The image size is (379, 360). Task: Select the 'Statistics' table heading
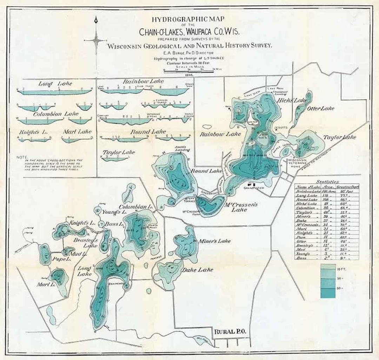(x=327, y=182)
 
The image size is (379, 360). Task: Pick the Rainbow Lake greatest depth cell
(x=346, y=191)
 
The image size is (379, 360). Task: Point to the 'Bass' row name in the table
(x=301, y=257)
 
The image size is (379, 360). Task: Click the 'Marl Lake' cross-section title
(x=77, y=132)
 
